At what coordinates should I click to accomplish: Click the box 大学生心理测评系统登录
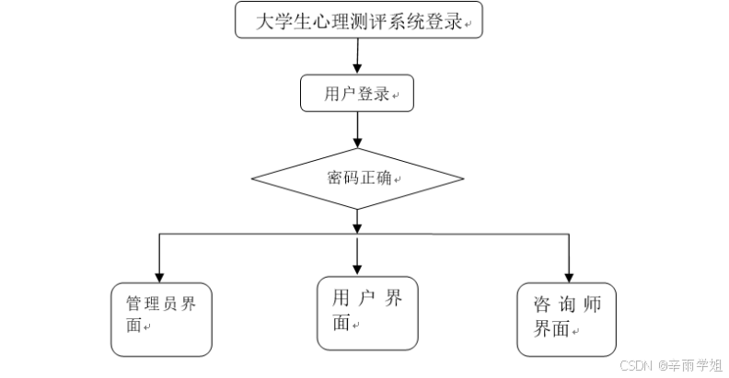(359, 20)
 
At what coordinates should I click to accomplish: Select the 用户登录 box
(356, 93)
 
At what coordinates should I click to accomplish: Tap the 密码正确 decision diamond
(357, 178)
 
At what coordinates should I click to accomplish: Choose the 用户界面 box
(367, 313)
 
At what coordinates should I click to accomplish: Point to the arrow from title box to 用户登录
(356, 56)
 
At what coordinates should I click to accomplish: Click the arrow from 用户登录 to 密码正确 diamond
(357, 130)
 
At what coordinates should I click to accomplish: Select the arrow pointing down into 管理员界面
(160, 258)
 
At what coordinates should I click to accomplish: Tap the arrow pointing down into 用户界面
(357, 255)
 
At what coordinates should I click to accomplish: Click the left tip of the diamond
(254, 178)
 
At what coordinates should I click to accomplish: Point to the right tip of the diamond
(461, 178)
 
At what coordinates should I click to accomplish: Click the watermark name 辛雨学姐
(694, 365)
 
